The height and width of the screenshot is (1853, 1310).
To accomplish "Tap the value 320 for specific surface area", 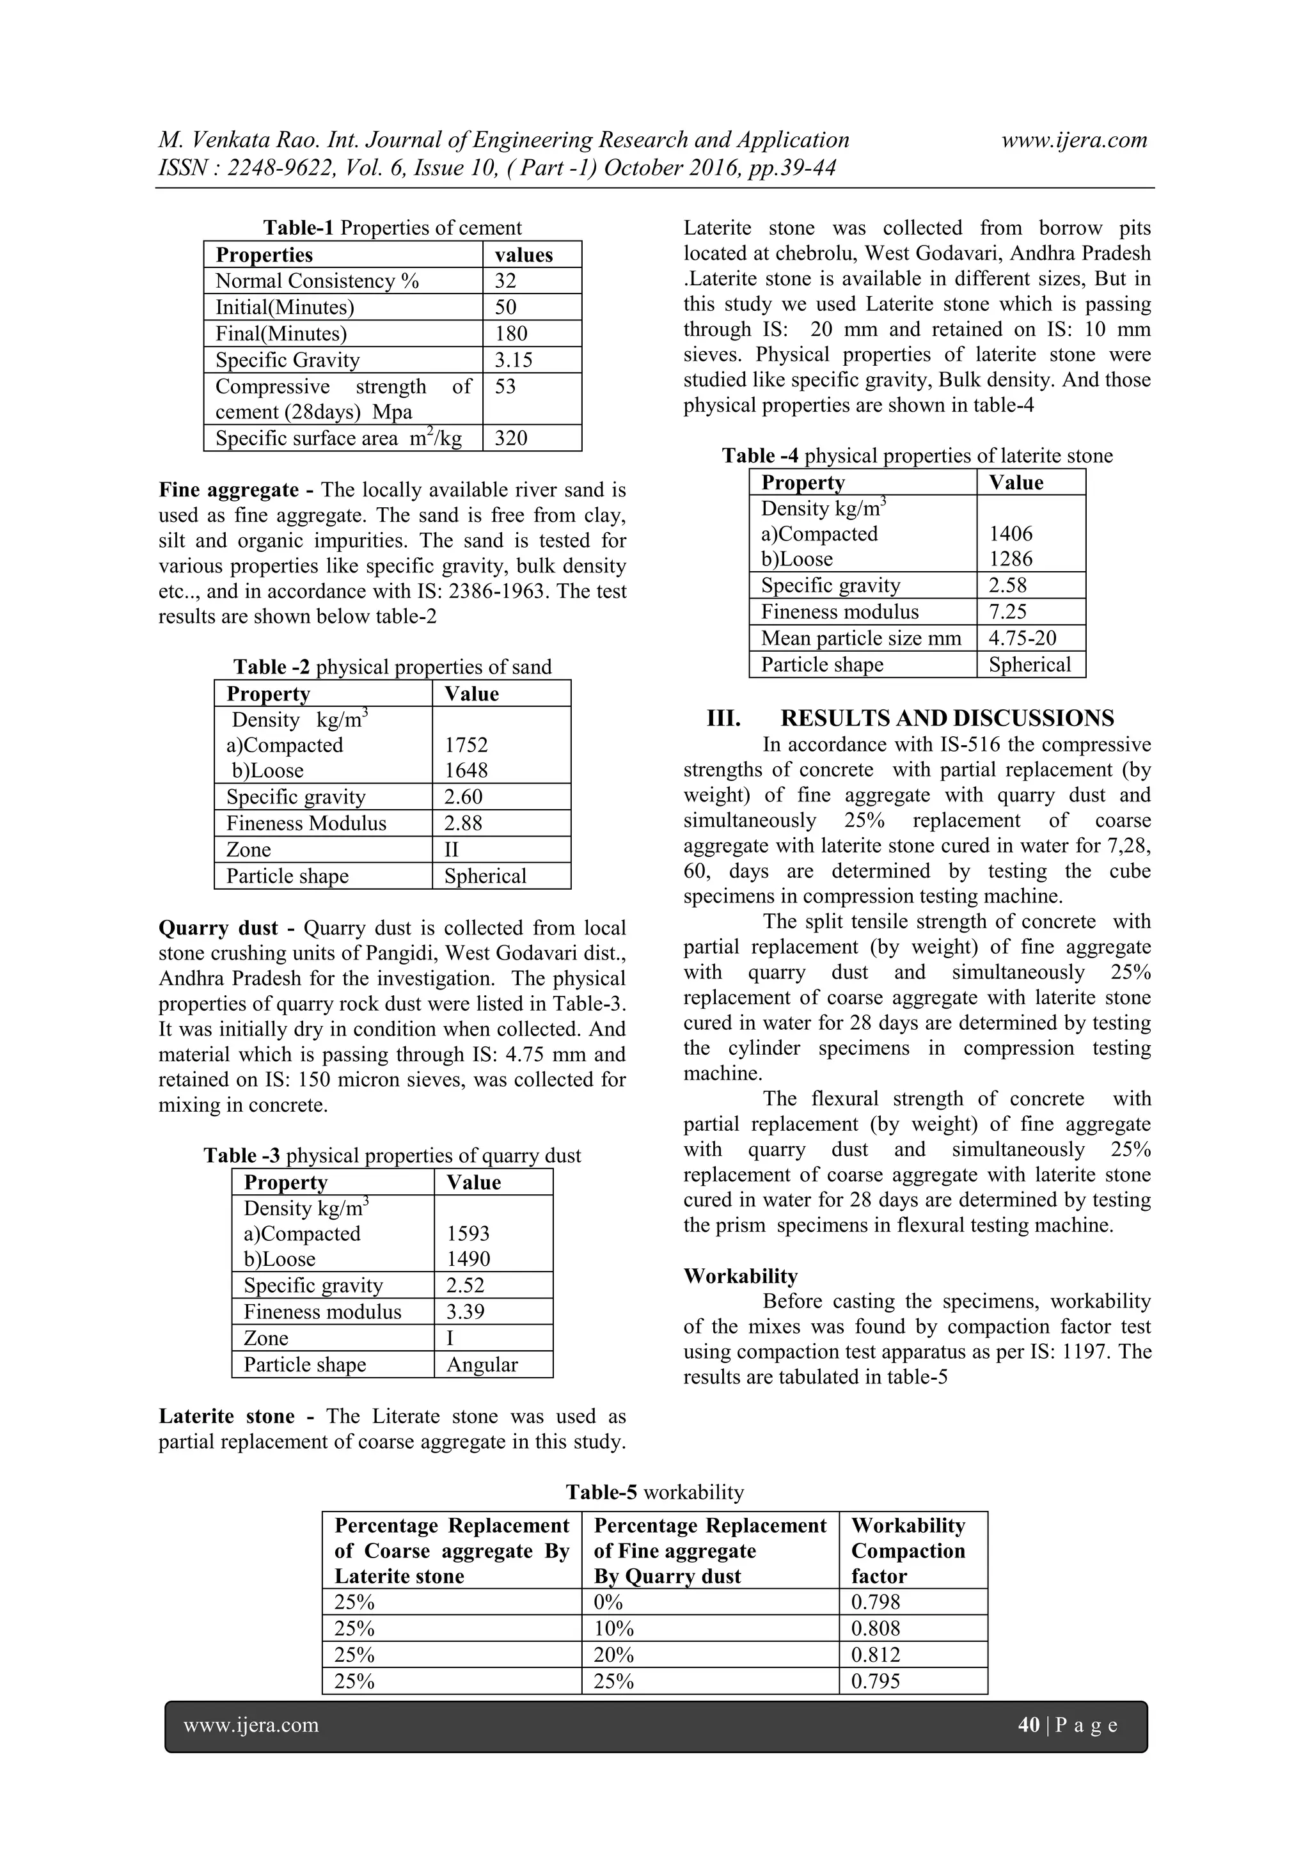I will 511,438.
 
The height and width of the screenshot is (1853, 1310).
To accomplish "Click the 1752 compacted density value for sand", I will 466,745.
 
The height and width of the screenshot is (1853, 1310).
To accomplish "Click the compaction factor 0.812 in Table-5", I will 875,1655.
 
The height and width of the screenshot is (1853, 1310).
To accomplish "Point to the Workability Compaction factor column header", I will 908,1550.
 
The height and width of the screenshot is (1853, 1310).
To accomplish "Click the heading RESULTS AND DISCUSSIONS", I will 947,718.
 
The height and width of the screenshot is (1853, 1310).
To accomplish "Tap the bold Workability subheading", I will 740,1276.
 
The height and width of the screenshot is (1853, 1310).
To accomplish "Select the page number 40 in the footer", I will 1029,1726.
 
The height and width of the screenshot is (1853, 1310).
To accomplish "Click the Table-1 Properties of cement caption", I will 392,228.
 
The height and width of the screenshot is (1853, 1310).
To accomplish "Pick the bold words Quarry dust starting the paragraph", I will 218,928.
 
